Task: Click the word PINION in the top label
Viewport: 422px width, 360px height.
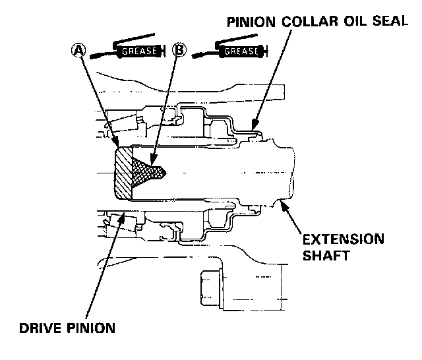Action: pos(251,22)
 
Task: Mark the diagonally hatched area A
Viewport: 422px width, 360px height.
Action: pos(123,173)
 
